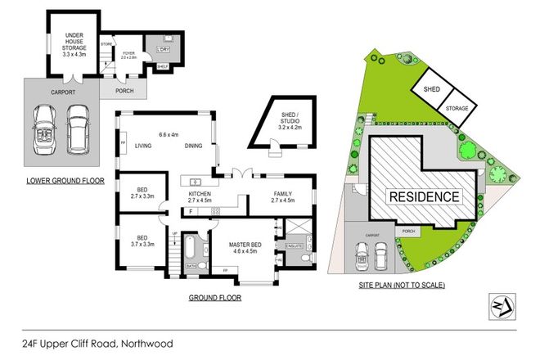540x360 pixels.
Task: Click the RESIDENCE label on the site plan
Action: pyautogui.click(x=423, y=197)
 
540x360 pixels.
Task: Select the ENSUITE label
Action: pyautogui.click(x=294, y=245)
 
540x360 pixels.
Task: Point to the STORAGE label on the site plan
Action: pyautogui.click(x=458, y=108)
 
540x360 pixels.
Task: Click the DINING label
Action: pyautogui.click(x=193, y=146)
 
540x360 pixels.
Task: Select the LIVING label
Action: pyautogui.click(x=145, y=146)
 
